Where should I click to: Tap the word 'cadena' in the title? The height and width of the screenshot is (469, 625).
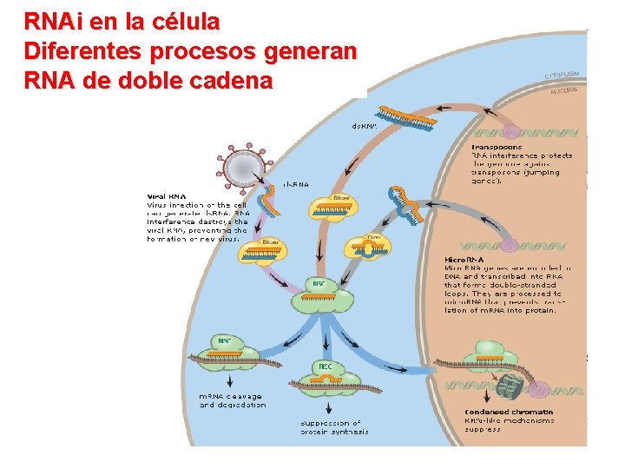[230, 81]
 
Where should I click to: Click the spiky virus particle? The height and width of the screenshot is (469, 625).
[244, 162]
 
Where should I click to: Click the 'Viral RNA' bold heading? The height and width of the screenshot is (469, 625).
[165, 195]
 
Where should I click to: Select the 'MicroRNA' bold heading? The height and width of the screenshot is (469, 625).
[464, 260]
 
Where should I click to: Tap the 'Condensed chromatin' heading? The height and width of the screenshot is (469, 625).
[509, 411]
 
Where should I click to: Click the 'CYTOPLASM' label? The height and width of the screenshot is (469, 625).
[563, 76]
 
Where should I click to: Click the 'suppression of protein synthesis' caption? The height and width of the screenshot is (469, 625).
[334, 426]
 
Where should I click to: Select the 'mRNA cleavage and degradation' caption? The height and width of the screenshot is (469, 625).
[233, 400]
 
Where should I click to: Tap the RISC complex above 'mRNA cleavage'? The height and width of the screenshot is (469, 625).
[226, 347]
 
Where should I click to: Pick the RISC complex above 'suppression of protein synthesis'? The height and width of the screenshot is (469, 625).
[325, 373]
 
